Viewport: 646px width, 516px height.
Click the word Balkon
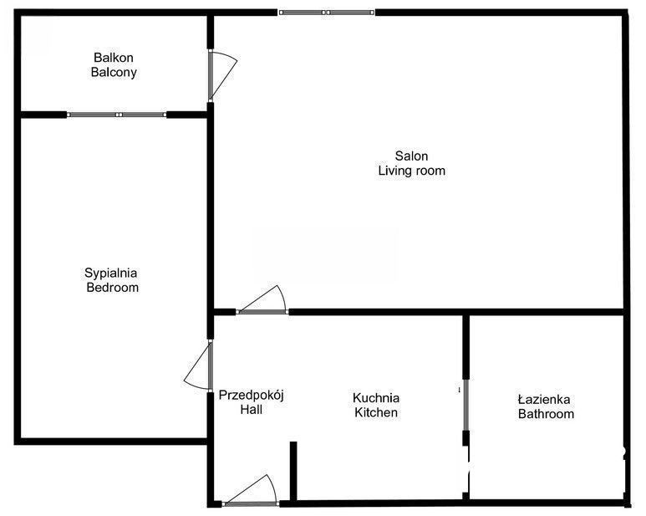[114, 58]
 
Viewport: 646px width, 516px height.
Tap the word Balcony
[114, 73]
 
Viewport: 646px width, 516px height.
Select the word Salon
[411, 156]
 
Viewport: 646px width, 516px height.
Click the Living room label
[411, 171]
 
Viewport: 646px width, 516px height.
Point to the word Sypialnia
[111, 273]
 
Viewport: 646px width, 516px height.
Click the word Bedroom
[113, 287]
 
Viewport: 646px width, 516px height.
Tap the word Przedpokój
[252, 396]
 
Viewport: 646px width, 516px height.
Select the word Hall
[252, 410]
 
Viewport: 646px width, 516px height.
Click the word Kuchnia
[376, 398]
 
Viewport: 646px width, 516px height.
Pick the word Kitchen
[376, 412]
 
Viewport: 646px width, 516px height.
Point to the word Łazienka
[544, 399]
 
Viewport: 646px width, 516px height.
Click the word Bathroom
[546, 414]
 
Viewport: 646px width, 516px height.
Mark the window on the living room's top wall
[327, 13]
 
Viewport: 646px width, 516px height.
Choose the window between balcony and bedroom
[118, 115]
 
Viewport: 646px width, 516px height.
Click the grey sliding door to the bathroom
[466, 405]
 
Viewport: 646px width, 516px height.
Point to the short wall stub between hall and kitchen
[293, 471]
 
